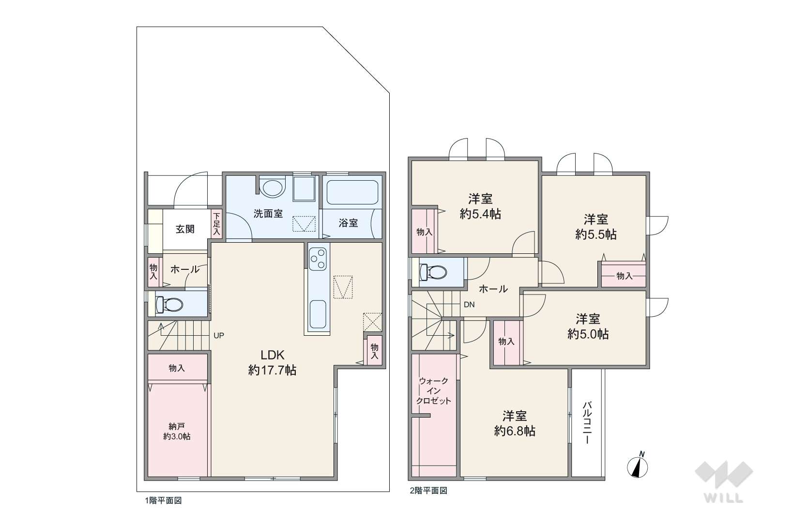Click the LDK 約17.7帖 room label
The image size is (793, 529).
272,362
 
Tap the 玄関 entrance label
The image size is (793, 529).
185,229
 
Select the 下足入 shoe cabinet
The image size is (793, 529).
217,224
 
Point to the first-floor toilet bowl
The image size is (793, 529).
169,304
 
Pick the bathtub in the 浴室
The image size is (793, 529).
352,192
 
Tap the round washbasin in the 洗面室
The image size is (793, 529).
272,188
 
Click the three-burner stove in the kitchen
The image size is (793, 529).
318,259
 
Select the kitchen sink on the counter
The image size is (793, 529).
318,314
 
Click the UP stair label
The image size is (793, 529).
219,335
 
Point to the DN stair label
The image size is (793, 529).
469,304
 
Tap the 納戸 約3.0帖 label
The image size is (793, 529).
177,431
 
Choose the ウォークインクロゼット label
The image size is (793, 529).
434,391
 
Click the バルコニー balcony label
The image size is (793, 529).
587,423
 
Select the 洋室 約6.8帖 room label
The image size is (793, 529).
515,423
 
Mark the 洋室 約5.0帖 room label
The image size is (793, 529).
588,327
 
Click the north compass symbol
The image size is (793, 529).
638,465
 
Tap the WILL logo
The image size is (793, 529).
724,482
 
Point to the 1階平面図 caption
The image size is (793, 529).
163,500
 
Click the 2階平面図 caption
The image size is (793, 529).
429,491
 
